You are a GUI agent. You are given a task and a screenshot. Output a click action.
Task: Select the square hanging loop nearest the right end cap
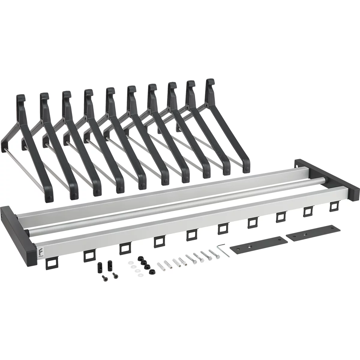[334, 206]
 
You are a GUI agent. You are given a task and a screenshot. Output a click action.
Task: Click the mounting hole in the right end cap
[298, 164]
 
